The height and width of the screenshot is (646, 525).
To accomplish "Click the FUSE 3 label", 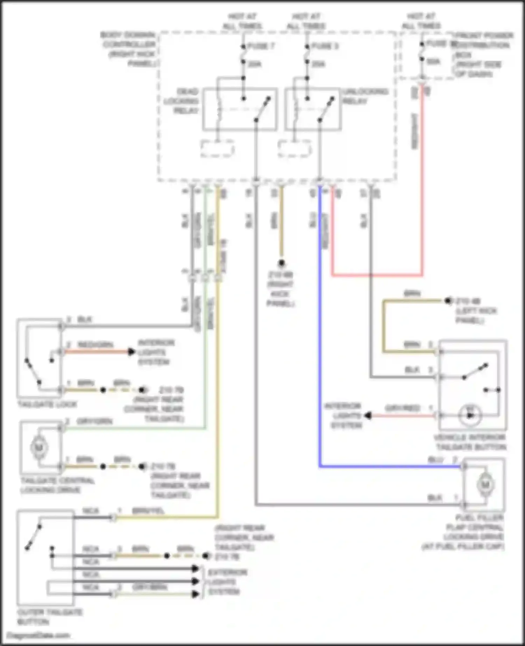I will (x=324, y=46).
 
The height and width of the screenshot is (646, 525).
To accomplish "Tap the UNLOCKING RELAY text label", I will (x=365, y=96).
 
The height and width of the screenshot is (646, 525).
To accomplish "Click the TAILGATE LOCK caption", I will (x=47, y=405).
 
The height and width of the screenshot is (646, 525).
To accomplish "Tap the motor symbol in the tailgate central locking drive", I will (x=39, y=447).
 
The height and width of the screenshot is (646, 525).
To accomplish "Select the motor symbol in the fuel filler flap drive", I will (x=485, y=485).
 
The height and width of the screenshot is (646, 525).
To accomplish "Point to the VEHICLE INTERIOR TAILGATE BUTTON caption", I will (x=470, y=442).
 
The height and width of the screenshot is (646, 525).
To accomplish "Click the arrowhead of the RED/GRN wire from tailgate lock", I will (x=132, y=352).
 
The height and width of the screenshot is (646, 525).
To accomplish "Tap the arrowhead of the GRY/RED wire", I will (x=368, y=416).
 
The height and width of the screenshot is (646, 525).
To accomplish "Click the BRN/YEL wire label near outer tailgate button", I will (x=148, y=511).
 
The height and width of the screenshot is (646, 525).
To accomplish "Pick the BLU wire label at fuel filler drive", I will (x=435, y=460).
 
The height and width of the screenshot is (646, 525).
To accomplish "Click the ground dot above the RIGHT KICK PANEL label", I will (x=281, y=263).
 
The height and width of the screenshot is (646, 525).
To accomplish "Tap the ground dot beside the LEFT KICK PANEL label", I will (x=448, y=301).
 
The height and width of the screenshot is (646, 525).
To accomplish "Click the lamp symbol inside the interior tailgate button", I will (x=470, y=415).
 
